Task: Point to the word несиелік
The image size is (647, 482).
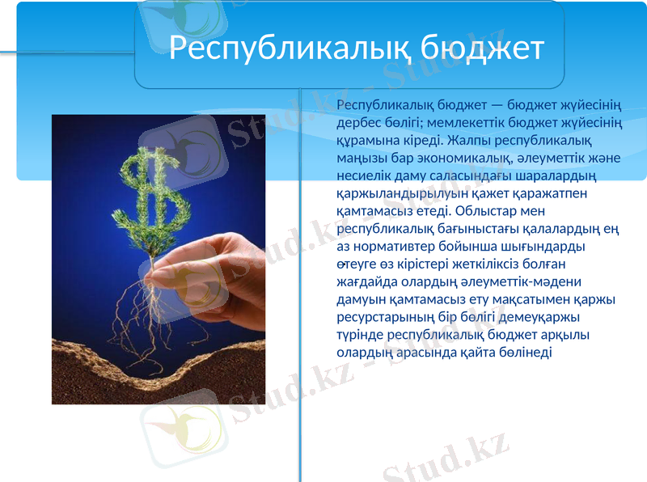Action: (362, 175)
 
